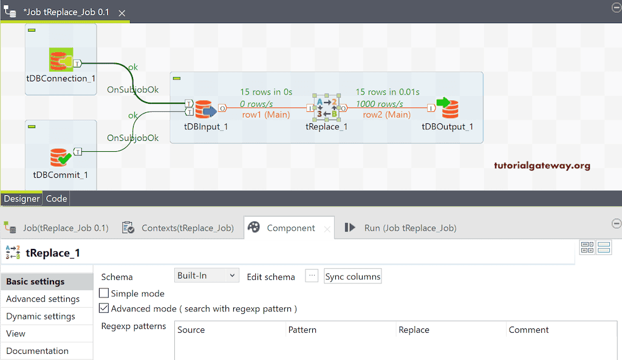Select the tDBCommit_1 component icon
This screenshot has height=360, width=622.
60,157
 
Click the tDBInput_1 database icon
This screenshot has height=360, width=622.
205,109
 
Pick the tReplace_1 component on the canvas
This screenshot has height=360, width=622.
326,108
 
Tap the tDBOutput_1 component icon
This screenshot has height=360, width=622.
448,108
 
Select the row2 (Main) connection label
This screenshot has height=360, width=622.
386,114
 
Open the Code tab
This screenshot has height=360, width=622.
56,199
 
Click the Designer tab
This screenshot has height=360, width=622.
22,199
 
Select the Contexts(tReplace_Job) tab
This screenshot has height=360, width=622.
180,228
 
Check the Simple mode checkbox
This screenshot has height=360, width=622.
104,293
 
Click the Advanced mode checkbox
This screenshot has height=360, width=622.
104,308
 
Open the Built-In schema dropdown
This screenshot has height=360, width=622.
207,276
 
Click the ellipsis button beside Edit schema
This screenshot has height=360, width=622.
312,276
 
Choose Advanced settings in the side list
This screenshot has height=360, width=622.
43,299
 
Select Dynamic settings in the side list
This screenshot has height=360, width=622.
41,316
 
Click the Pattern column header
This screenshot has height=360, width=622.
302,330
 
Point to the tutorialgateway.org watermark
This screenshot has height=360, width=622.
542,165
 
